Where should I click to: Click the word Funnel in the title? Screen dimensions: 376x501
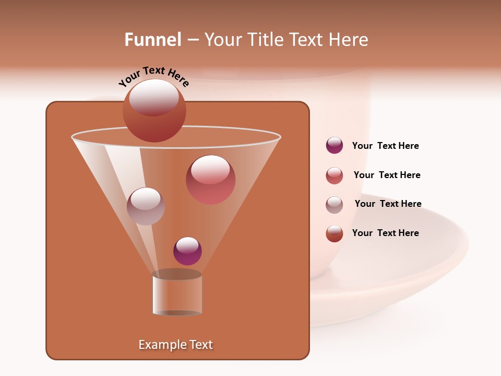(x=152, y=40)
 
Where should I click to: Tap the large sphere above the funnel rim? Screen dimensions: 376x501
(x=154, y=110)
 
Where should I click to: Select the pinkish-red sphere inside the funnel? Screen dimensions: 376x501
(x=210, y=179)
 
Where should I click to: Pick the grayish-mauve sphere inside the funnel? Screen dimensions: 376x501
(x=146, y=206)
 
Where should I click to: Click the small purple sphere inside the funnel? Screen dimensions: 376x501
(x=187, y=251)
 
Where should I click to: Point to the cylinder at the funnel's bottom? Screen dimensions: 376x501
(x=177, y=295)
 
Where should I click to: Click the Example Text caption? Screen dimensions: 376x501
(x=175, y=345)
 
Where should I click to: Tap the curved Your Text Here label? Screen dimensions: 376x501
(x=153, y=76)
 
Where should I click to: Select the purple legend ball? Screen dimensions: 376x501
(x=334, y=146)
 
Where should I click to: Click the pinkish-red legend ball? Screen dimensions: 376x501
(x=334, y=175)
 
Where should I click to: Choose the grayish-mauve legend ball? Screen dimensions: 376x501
(x=334, y=205)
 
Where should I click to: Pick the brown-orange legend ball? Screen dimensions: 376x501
(x=334, y=233)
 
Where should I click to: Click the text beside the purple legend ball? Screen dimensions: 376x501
(x=385, y=146)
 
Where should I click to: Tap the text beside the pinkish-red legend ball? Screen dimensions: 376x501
(x=387, y=175)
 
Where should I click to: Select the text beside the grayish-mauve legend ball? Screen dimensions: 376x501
(x=388, y=204)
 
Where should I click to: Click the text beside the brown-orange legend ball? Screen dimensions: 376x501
(x=385, y=233)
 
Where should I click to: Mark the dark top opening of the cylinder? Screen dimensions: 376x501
(x=177, y=274)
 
